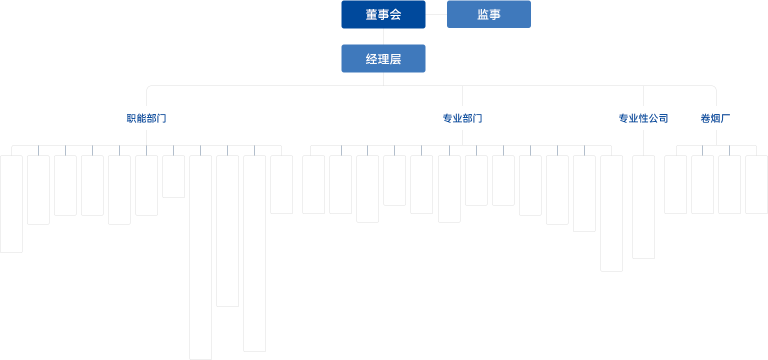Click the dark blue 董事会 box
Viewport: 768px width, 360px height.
383,14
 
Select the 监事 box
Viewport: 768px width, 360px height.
488,14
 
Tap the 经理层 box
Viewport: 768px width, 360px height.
383,58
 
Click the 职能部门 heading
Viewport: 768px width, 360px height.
146,118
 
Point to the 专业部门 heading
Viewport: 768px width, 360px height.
462,118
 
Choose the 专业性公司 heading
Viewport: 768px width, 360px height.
643,118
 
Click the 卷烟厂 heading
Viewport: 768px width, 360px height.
715,118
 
